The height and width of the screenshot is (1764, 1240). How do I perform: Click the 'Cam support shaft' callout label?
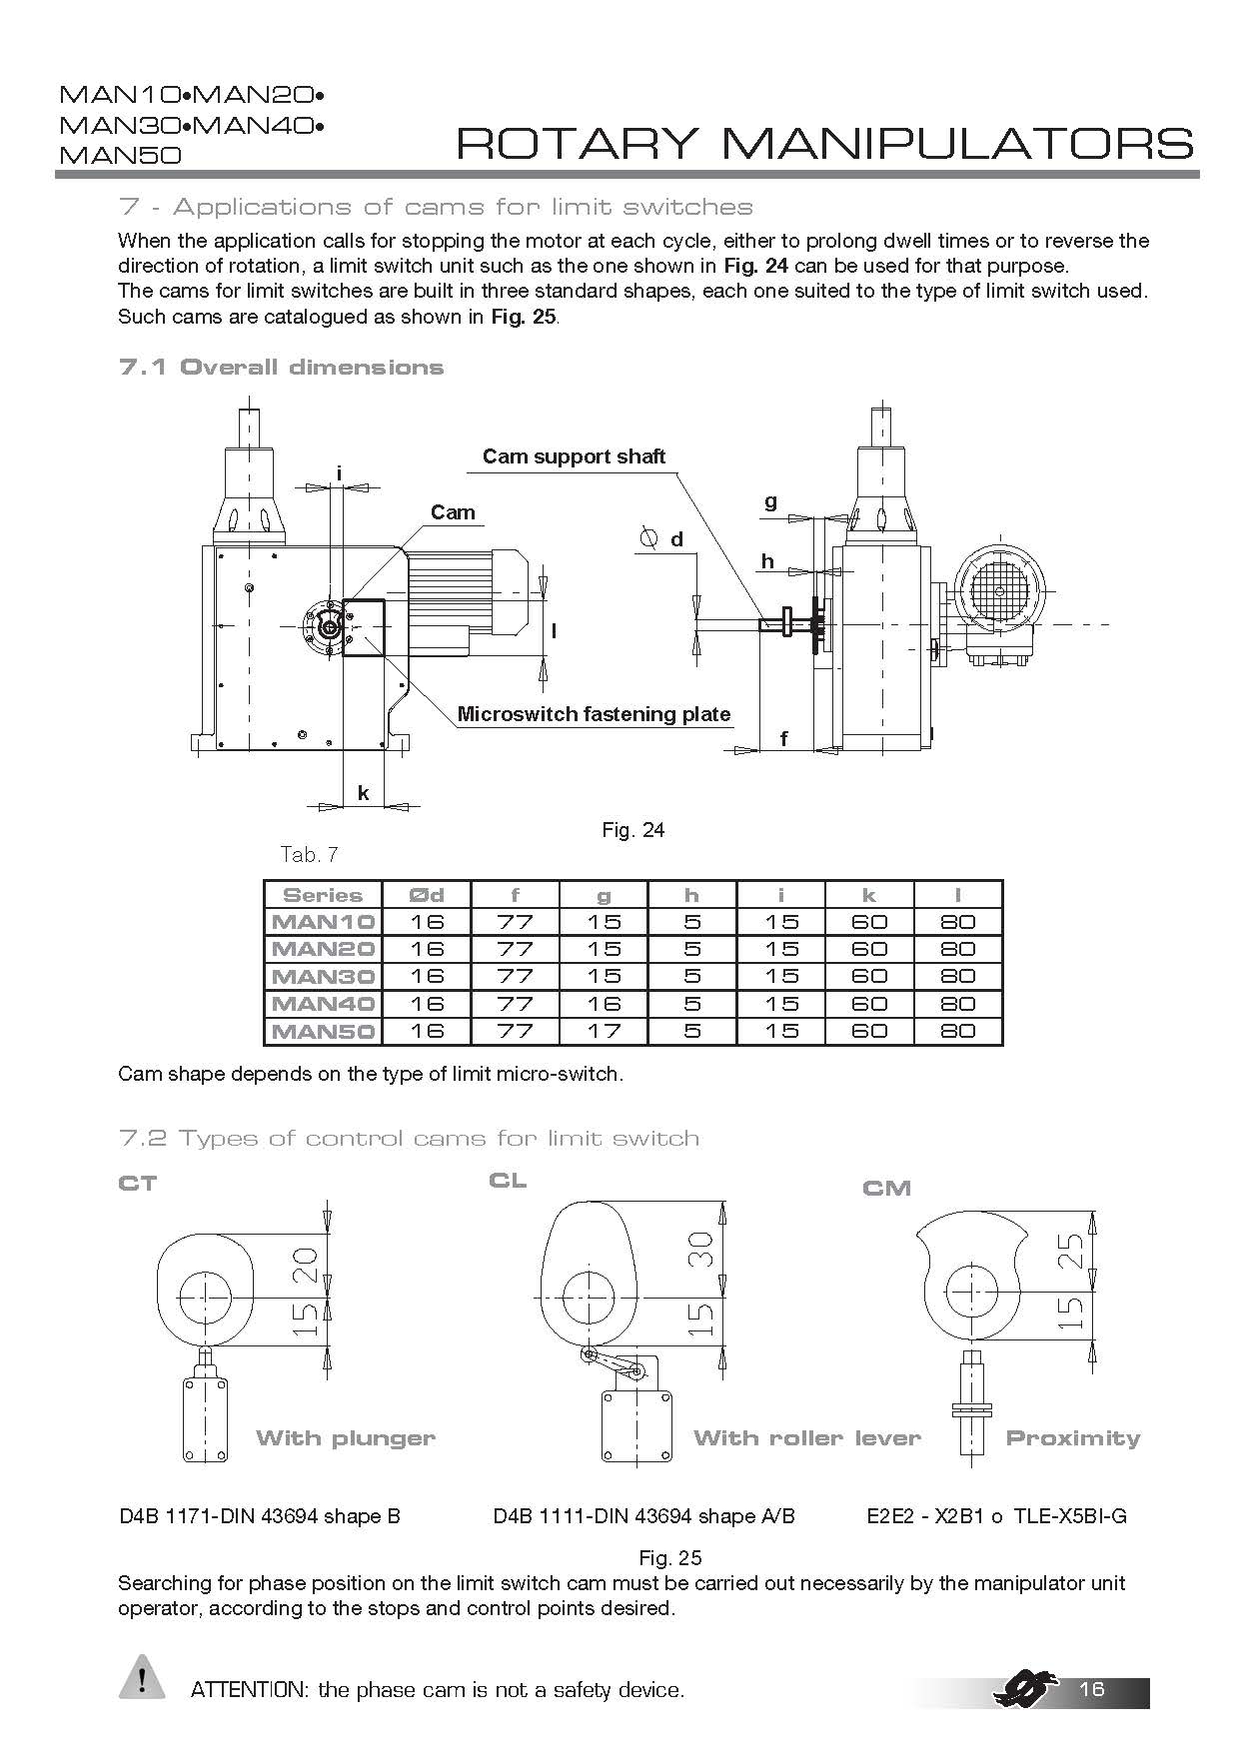(x=574, y=456)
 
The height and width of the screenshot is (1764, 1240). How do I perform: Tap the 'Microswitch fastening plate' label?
(x=594, y=714)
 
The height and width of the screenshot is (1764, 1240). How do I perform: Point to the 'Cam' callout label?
(x=453, y=512)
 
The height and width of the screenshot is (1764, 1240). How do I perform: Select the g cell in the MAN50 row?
(x=604, y=1031)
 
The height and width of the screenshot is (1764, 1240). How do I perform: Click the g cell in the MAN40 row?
(x=604, y=1004)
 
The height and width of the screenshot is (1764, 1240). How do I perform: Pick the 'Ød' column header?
(x=427, y=895)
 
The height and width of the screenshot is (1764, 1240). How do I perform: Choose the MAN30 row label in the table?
(x=323, y=976)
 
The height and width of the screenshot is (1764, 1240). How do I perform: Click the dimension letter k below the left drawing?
(x=364, y=793)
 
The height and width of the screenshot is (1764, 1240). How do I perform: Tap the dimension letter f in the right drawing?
(x=784, y=739)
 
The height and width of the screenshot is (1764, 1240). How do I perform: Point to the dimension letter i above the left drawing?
(x=340, y=472)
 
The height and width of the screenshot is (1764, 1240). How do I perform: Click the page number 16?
(x=1092, y=1689)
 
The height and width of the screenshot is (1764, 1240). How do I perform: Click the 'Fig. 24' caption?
(x=632, y=830)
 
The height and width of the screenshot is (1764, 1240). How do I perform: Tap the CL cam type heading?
(x=508, y=1181)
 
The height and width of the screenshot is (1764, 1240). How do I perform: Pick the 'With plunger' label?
(x=346, y=1438)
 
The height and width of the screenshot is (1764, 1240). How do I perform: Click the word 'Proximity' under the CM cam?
(x=1072, y=1438)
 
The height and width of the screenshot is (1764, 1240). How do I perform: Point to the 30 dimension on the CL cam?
(x=703, y=1249)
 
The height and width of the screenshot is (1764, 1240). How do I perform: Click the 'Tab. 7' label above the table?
(x=310, y=854)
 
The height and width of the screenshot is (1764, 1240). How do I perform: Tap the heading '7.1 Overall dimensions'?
(x=281, y=368)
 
